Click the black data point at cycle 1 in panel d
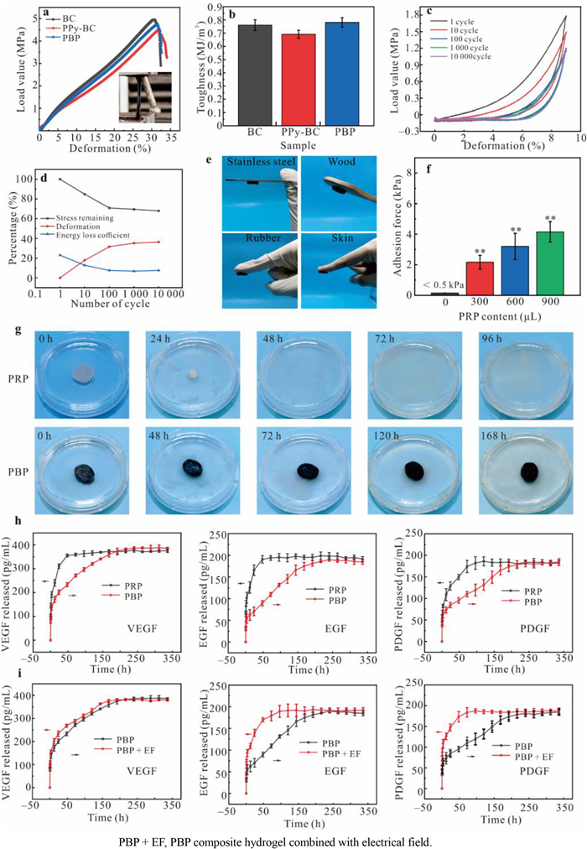[x=60, y=179]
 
